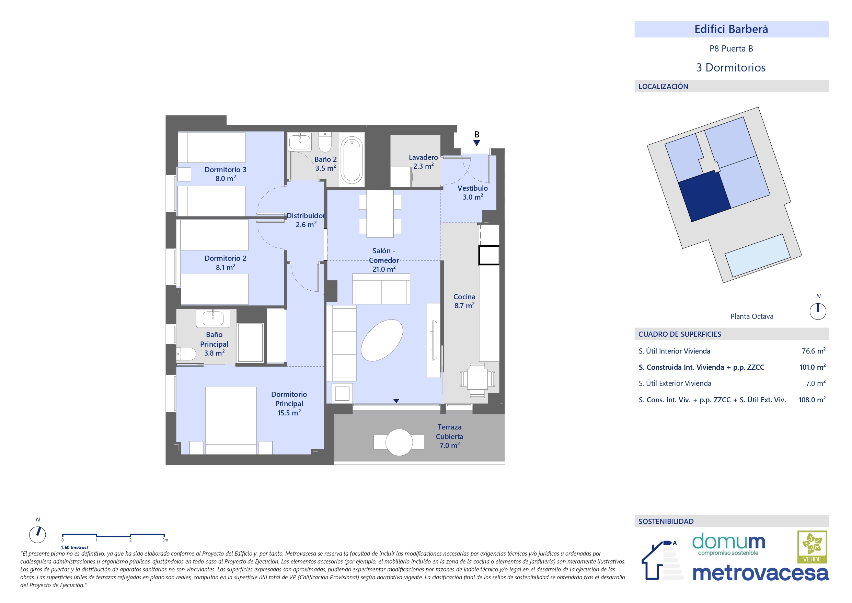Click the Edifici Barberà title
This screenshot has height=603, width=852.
731,29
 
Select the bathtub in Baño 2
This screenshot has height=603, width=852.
352,160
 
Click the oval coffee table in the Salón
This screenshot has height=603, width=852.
382,340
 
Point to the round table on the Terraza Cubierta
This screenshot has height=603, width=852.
399,442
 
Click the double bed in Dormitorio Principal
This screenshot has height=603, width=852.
231,420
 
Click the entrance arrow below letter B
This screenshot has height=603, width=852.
477,143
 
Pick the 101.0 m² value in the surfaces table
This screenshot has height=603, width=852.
812,367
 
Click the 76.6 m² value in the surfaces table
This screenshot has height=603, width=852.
814,351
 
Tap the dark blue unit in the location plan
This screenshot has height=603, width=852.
704,196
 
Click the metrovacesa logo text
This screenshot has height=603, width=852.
760,573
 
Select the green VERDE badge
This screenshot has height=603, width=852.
812,547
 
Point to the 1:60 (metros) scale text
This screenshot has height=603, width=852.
74,548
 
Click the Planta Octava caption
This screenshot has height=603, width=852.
752,316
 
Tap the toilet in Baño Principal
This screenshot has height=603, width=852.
186,354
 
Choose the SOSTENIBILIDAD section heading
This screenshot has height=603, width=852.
666,521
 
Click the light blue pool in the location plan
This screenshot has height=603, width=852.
757,255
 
